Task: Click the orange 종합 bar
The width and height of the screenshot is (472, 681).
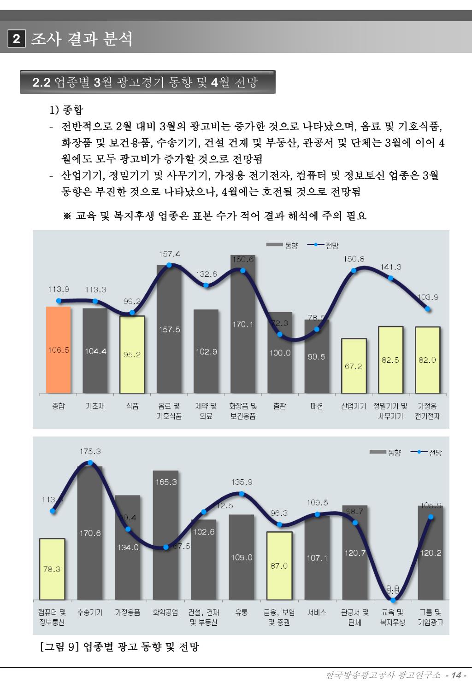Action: point(59,350)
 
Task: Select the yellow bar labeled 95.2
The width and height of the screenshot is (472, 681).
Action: point(132,355)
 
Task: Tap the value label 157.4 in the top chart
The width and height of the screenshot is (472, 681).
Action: point(170,254)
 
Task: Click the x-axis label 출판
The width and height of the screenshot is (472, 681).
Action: point(279,406)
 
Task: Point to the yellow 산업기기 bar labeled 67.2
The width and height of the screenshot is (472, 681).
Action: point(354,366)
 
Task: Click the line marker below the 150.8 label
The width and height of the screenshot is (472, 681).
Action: point(354,270)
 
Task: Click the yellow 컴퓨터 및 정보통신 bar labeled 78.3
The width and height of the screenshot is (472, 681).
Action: point(52,569)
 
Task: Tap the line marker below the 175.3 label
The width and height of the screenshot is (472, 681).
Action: point(90,463)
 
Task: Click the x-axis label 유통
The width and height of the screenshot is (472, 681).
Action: point(242,612)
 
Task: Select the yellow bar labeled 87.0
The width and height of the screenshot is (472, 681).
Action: point(279,565)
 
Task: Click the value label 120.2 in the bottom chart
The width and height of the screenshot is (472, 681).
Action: point(431,553)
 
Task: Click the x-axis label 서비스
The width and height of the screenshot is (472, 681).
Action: point(317,612)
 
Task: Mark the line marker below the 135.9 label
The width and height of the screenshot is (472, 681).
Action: point(242,494)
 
